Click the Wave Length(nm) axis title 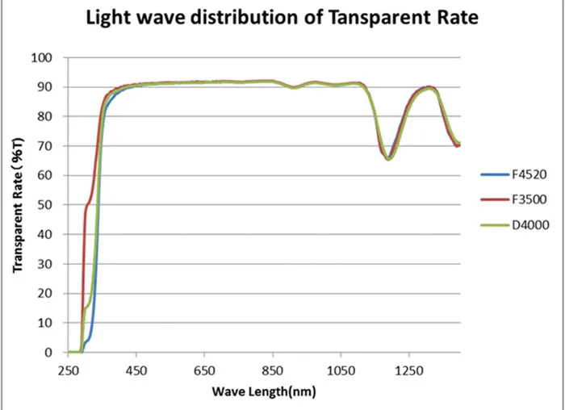[x=264, y=392]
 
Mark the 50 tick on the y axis [x=45, y=205]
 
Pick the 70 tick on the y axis [x=45, y=146]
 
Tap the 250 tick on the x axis [x=69, y=370]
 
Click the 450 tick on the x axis [x=136, y=370]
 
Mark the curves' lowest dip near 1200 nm [x=388, y=158]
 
